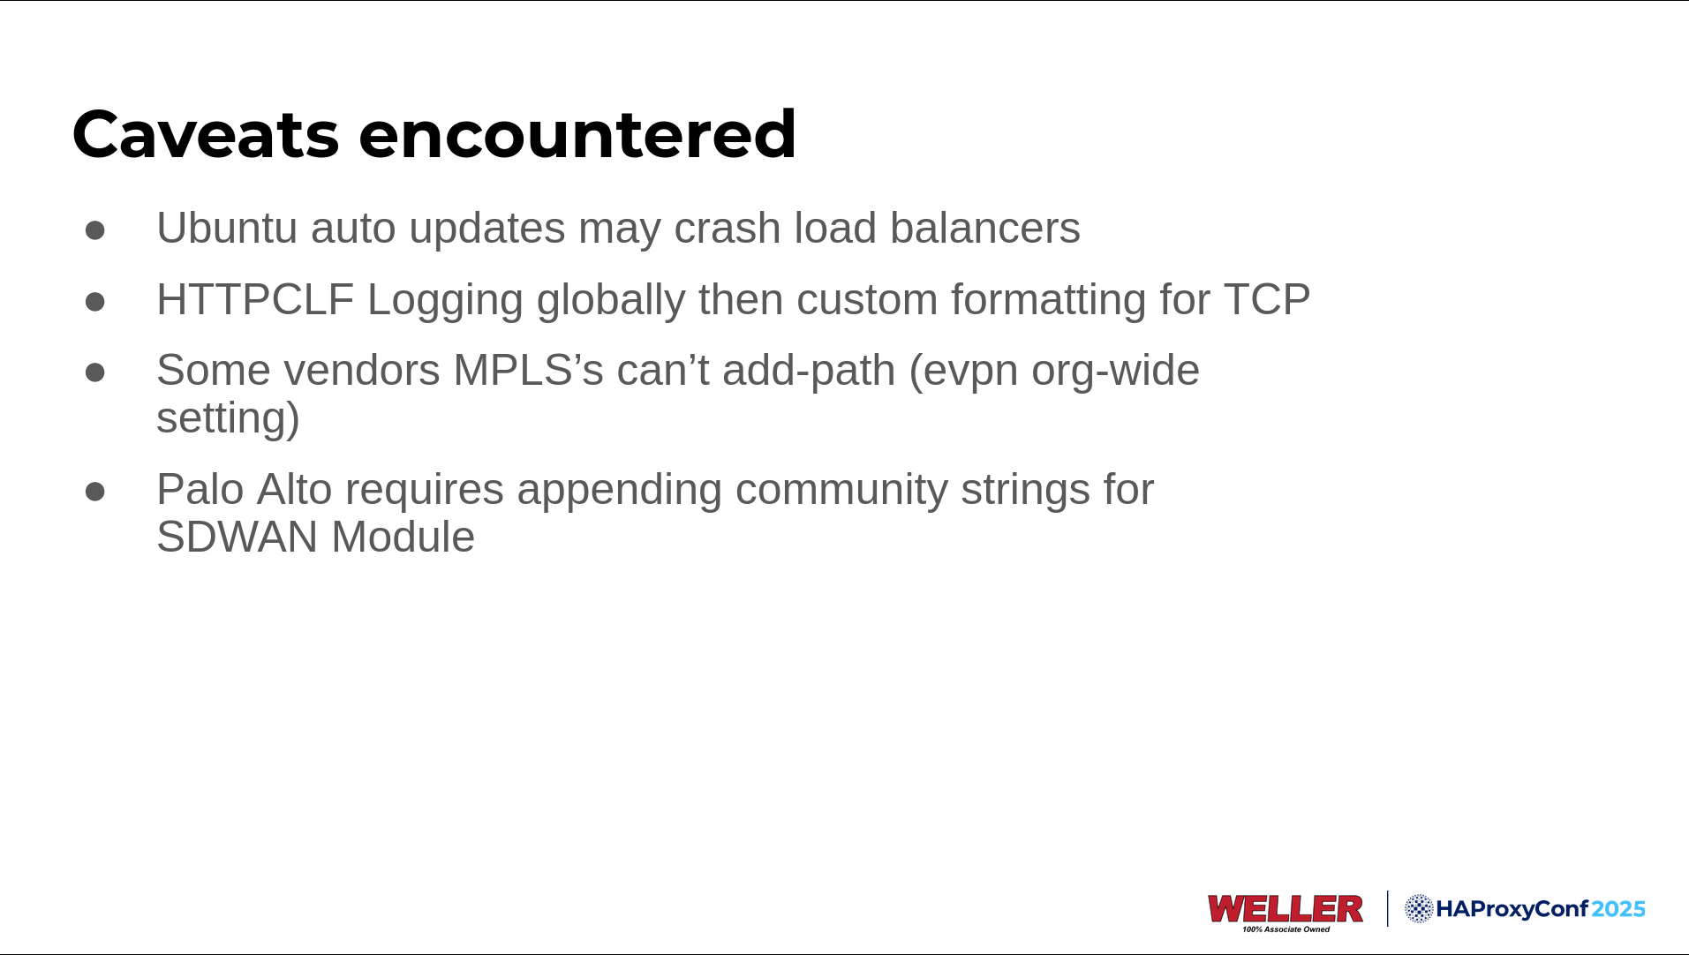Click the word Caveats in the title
(206, 134)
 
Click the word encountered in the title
(577, 134)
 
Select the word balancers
(984, 228)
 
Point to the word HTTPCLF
(255, 299)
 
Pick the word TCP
(1266, 299)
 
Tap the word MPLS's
(528, 370)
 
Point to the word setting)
(228, 419)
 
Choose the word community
(841, 491)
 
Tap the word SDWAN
(237, 537)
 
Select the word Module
(403, 537)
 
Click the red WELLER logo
(1285, 909)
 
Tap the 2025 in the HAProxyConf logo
(1618, 909)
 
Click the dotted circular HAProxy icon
(1419, 908)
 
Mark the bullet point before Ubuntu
(95, 230)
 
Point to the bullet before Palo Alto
(95, 492)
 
